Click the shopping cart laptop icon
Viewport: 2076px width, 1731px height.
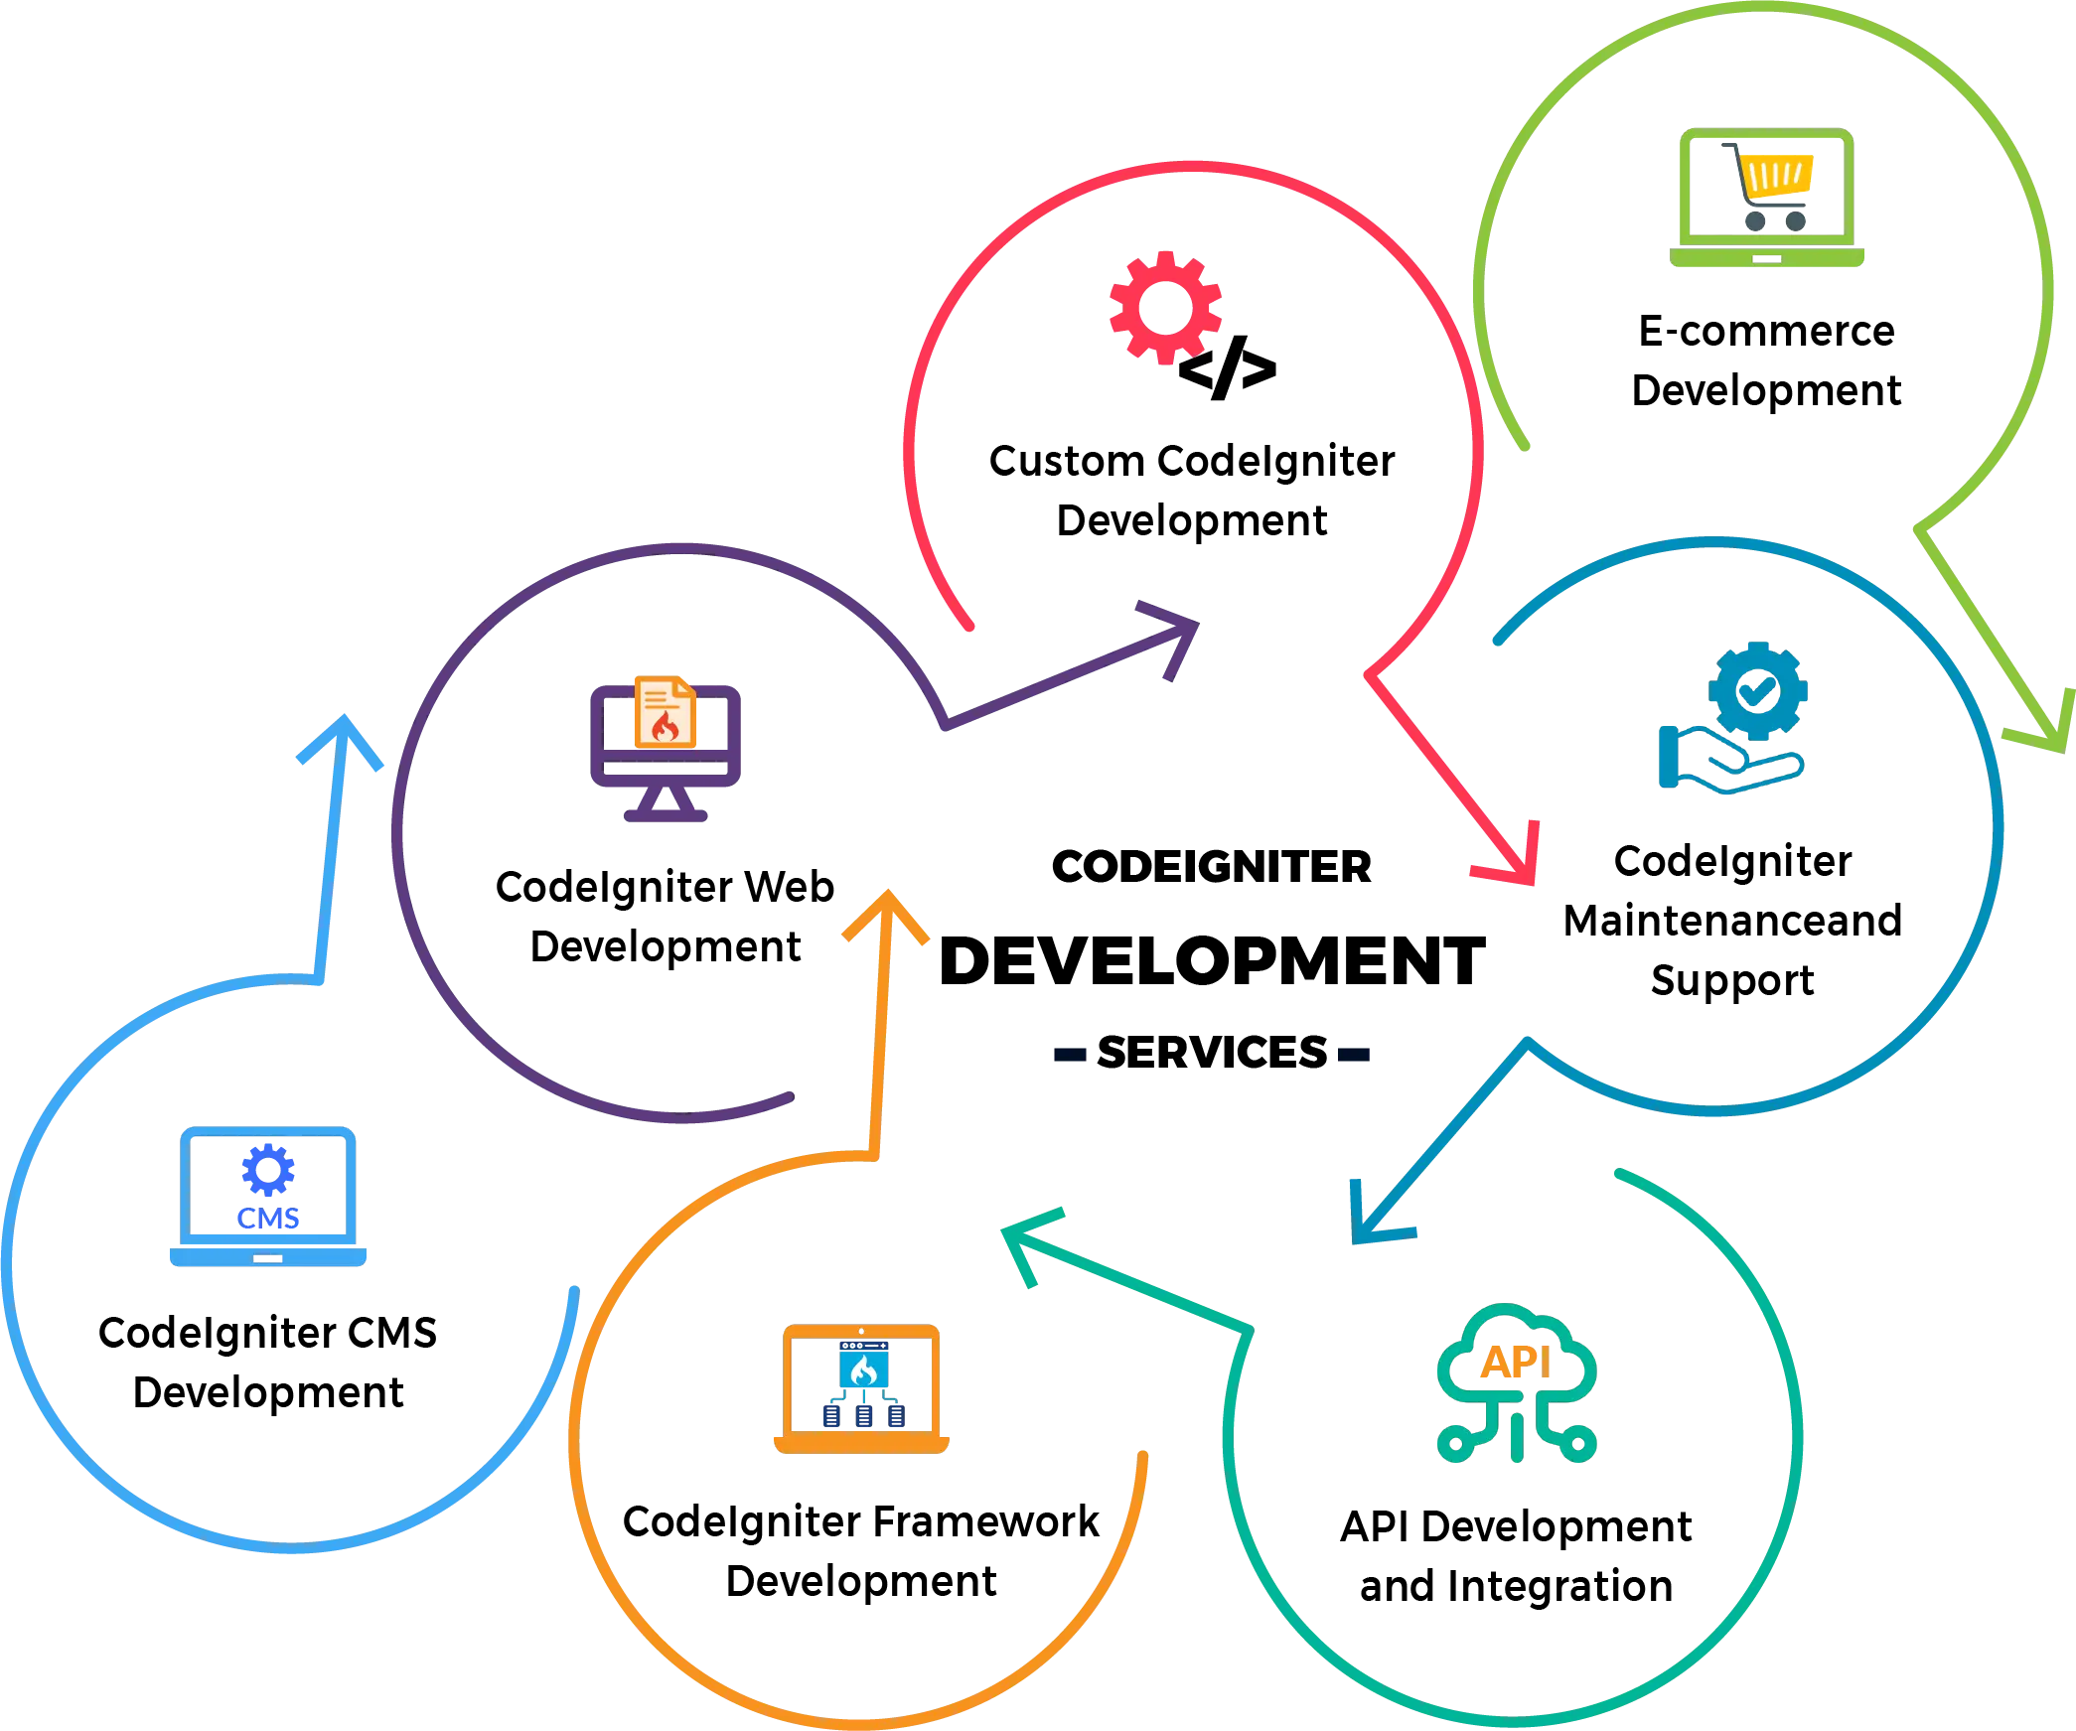pos(1767,198)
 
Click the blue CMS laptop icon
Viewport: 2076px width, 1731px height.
pos(268,1197)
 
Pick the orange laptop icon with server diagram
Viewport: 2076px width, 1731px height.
pos(861,1388)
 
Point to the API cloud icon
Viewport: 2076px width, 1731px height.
pos(1517,1383)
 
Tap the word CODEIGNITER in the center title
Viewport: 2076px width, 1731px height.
pos(1212,867)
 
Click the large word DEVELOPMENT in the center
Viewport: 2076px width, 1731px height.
pos(1212,961)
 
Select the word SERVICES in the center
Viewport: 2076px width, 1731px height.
pos(1212,1053)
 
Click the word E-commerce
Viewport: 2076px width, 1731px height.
pos(1767,331)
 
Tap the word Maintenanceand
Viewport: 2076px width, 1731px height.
pos(1732,921)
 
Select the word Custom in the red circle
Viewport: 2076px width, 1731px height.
pos(1067,461)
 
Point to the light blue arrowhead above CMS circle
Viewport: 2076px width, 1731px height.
pos(342,740)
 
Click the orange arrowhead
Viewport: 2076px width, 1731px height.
pos(886,915)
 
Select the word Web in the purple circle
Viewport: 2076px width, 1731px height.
pos(790,887)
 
